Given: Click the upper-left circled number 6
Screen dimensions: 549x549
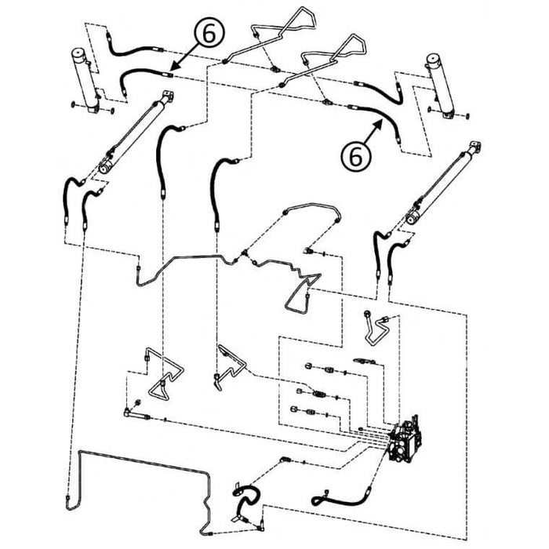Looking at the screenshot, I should [209, 35].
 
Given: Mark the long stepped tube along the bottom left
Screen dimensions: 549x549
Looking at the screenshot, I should [141, 478].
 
